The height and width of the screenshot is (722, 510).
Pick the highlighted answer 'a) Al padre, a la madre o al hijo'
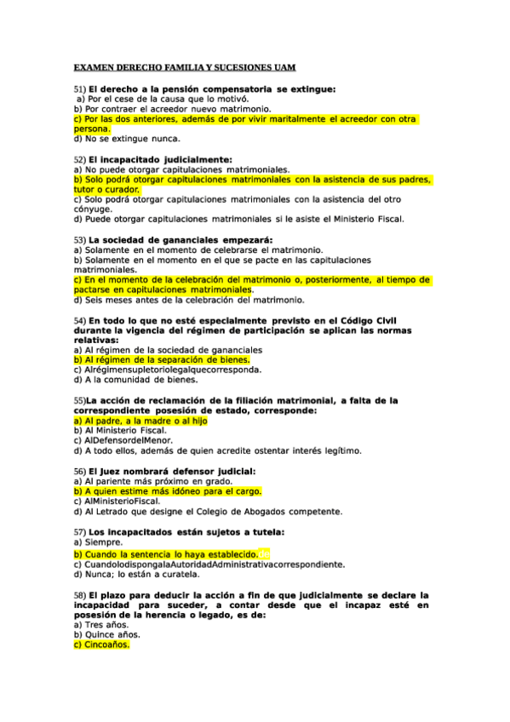tap(140, 421)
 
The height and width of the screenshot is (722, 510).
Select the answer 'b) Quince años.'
tap(107, 634)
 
